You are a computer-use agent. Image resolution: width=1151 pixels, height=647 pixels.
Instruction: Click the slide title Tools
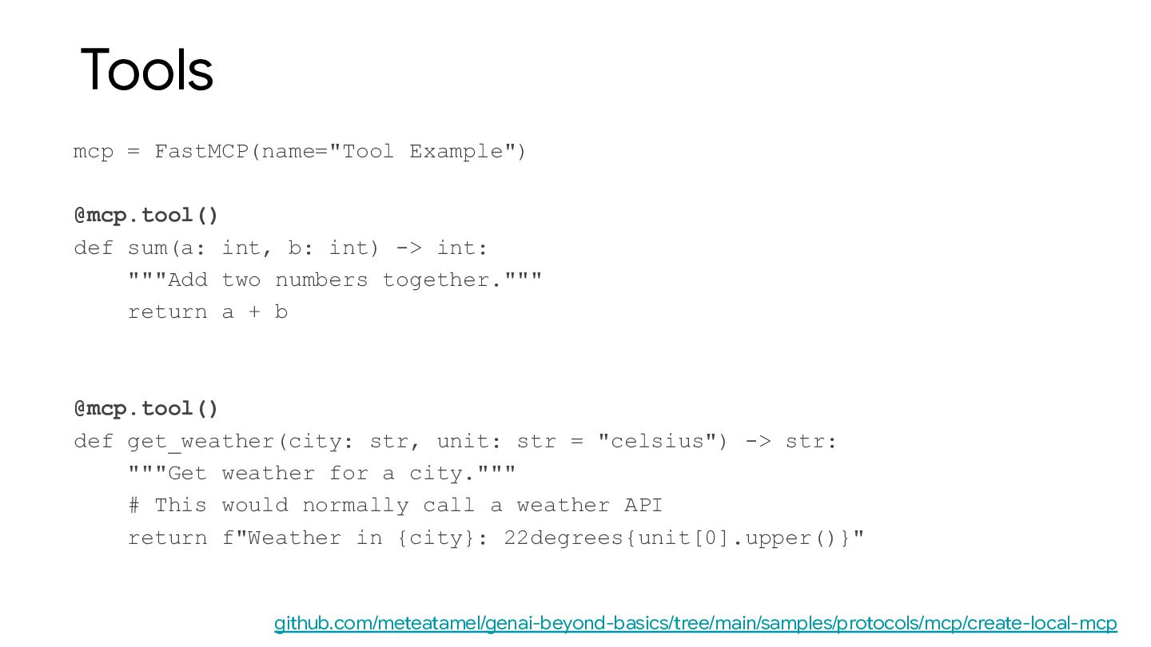(147, 70)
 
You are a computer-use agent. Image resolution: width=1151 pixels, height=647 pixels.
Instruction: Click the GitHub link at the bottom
(695, 623)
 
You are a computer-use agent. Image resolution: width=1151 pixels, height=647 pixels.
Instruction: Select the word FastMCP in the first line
(201, 152)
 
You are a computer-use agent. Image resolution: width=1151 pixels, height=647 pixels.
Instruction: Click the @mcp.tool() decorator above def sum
(146, 216)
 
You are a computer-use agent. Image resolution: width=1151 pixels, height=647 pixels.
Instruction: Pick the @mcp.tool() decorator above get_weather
(146, 409)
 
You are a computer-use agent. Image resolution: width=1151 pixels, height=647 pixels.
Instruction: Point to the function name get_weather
(201, 442)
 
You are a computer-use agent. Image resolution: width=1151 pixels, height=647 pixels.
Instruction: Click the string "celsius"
(657, 442)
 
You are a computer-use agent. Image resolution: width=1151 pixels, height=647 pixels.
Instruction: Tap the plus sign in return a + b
(254, 312)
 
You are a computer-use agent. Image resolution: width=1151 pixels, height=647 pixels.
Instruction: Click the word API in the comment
(643, 506)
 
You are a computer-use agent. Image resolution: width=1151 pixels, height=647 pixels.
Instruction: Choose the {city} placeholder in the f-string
(436, 538)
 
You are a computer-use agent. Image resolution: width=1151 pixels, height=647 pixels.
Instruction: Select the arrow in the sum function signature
(408, 248)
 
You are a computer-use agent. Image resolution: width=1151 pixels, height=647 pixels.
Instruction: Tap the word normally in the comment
(355, 506)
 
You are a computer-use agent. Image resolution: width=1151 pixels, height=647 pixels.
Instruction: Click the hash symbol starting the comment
(134, 506)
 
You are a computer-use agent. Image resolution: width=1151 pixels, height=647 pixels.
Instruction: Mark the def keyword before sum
(94, 248)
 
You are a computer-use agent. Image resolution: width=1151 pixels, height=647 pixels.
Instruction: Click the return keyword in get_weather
(167, 538)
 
